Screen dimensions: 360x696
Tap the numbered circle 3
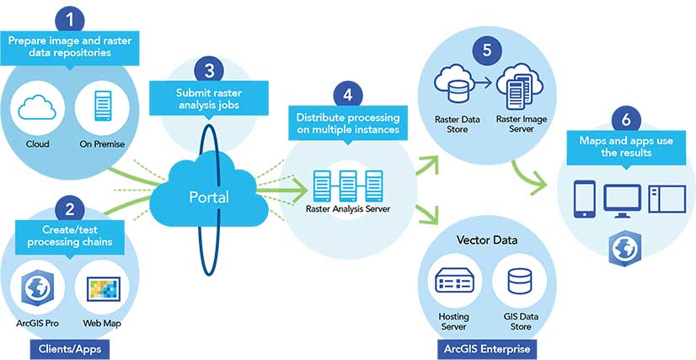(x=209, y=69)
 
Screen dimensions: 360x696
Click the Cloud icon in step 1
(x=38, y=110)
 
